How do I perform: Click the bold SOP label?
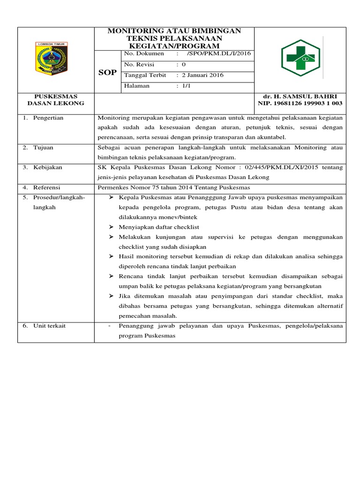107,73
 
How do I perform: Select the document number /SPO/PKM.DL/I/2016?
219,54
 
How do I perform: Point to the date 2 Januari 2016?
202,75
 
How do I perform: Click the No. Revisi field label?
139,65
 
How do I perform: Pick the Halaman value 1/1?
185,86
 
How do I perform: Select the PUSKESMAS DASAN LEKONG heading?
56,99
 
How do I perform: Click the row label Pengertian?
48,118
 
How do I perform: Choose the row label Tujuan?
43,148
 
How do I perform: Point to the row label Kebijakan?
47,167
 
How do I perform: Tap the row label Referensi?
47,187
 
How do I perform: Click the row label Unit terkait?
49,326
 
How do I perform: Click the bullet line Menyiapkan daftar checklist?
159,227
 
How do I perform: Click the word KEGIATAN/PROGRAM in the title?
174,46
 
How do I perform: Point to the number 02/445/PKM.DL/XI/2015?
281,167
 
